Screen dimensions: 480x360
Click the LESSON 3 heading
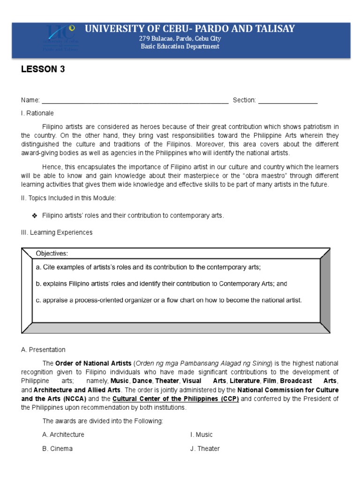(43, 69)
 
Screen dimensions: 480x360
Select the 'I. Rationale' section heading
(37, 113)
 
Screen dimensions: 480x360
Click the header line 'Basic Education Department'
(180, 46)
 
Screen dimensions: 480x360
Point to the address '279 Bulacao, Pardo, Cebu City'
(180, 38)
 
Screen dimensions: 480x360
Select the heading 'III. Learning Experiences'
(56, 232)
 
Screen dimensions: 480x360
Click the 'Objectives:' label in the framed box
(52, 254)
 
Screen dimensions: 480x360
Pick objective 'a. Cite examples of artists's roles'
(148, 267)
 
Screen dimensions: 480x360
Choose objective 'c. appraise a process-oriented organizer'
(169, 300)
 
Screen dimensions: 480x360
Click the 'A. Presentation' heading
(43, 350)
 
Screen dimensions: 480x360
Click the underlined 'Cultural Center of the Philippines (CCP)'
(176, 399)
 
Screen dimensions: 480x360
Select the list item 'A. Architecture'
(63, 435)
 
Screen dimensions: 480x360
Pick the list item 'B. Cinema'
(57, 449)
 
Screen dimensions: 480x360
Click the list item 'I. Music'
(201, 435)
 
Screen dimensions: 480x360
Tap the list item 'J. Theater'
(205, 449)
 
